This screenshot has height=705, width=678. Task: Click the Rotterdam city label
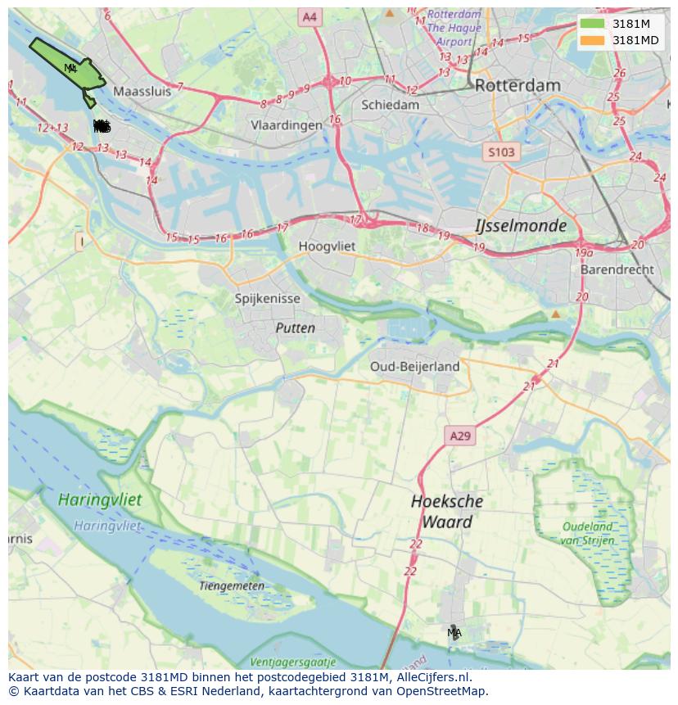tap(518, 85)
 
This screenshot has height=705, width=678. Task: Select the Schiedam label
tap(390, 105)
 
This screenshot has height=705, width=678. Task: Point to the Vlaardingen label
tap(287, 125)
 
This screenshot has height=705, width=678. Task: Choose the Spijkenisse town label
tap(268, 299)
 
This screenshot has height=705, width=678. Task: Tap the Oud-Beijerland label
tap(414, 366)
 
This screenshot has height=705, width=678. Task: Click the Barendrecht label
tap(617, 269)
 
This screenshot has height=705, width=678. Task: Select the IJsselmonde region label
tap(521, 225)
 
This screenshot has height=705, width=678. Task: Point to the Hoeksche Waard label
tap(447, 512)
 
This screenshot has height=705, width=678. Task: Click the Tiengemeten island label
tap(232, 585)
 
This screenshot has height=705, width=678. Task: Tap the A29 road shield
tap(460, 436)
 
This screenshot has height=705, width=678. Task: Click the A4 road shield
tap(309, 16)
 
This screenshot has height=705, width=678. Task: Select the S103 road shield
tap(501, 152)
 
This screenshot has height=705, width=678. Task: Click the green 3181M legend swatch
tap(592, 24)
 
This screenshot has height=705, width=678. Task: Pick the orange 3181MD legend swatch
tap(592, 40)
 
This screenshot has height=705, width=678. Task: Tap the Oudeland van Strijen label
tap(587, 533)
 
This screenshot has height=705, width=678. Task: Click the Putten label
tap(295, 328)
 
